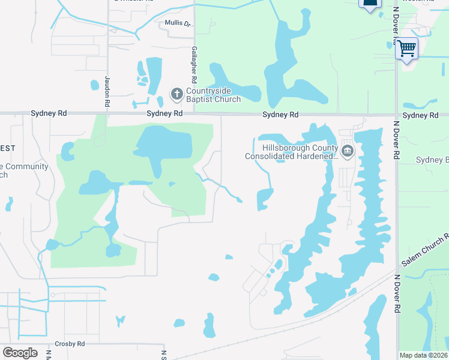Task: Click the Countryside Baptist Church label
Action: pos(213,95)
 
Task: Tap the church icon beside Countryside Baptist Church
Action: pos(176,94)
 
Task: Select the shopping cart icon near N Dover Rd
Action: pos(407,47)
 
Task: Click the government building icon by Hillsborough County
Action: pos(348,150)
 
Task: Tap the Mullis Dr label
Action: pos(178,24)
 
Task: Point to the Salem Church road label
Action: pos(425,248)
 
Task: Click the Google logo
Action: pos(20,353)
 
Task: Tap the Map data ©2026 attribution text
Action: pos(423,355)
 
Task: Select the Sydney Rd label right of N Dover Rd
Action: pos(420,115)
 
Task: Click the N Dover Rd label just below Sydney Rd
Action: pos(396,138)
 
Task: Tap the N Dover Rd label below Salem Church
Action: pos(396,295)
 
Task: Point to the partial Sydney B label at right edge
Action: pos(432,160)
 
